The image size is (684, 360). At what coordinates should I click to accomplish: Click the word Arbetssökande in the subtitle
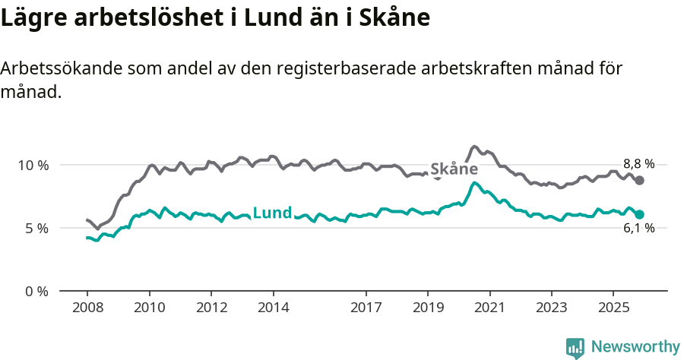point(59,68)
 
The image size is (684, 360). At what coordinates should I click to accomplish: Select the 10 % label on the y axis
point(33,165)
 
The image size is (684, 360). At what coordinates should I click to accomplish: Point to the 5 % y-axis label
point(36,228)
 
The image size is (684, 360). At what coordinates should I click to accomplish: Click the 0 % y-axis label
point(36,291)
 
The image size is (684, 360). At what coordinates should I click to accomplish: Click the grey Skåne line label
point(454,169)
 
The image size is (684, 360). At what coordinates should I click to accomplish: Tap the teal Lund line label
point(271,213)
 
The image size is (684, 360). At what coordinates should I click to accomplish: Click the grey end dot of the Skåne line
point(640,180)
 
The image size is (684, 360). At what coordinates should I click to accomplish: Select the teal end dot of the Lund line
point(640,214)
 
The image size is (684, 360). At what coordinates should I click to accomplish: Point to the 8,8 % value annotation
point(638,164)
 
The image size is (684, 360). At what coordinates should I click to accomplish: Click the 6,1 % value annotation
point(638,229)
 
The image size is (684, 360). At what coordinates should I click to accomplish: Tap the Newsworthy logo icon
point(575,348)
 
